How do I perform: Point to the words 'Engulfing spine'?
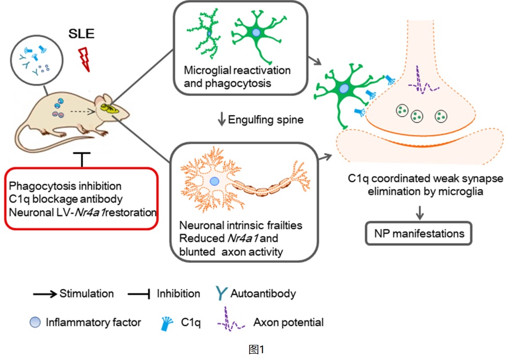coord(258,120)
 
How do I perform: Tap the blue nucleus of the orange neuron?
coord(214,181)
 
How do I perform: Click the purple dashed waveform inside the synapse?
coord(423,82)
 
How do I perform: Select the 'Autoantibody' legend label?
coord(263,293)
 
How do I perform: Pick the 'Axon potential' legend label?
coord(288,322)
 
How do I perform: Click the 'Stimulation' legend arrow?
coord(45,294)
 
